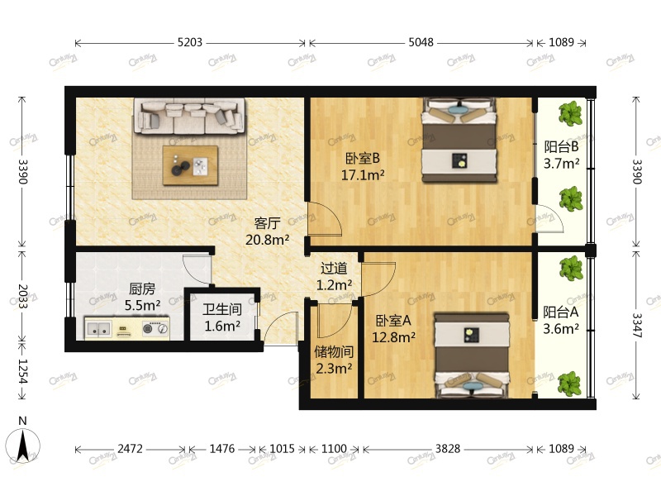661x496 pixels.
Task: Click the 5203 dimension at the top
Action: point(190,42)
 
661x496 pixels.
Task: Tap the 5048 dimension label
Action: point(421,42)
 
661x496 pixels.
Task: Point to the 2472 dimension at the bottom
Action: point(130,448)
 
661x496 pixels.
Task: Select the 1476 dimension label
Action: point(222,448)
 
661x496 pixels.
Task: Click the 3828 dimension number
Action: point(448,448)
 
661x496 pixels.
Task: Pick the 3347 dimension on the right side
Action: point(636,325)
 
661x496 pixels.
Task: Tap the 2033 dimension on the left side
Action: point(22,297)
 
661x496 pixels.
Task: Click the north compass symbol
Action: point(23,443)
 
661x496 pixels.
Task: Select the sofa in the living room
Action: point(189,116)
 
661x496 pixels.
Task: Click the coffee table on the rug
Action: point(191,165)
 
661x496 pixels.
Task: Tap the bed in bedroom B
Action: point(459,140)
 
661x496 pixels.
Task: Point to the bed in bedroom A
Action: point(472,355)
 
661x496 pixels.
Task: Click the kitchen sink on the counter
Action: point(99,329)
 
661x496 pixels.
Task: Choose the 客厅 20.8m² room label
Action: point(267,231)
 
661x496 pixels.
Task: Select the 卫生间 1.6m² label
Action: point(222,317)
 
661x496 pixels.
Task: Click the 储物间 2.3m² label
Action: point(334,360)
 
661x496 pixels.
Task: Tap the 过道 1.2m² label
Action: point(334,277)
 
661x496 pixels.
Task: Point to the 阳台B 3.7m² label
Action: point(561,155)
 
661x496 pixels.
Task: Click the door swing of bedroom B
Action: point(324,218)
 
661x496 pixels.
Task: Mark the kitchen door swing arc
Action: point(197,269)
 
